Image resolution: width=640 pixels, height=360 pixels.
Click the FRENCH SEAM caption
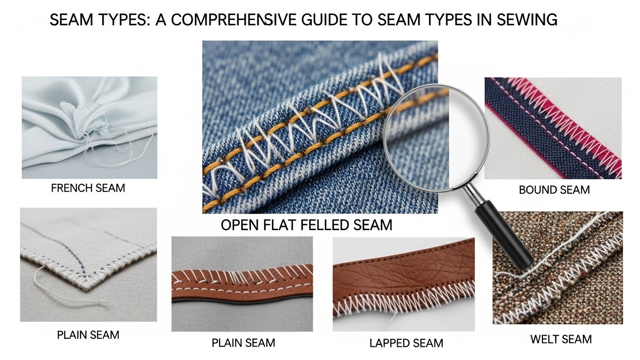point(88,188)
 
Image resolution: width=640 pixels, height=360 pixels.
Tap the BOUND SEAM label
point(554,190)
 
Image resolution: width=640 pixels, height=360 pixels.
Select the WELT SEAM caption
point(561,339)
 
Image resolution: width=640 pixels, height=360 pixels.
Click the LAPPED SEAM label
point(406,343)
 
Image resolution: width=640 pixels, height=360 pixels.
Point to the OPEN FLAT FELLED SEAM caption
point(306,225)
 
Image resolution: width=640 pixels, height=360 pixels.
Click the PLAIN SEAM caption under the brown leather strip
point(243,343)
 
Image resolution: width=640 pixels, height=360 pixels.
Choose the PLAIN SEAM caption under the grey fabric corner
point(88,335)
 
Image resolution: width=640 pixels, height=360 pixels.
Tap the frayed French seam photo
point(89,127)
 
